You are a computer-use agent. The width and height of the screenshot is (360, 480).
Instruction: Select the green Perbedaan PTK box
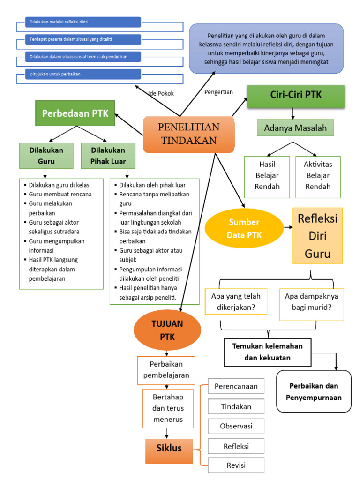tap(75, 113)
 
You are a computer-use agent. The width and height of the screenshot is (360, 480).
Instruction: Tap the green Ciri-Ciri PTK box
tap(296, 96)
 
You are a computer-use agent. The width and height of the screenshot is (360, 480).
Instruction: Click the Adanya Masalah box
tap(295, 128)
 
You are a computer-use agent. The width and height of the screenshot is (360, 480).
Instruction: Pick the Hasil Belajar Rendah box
tap(267, 175)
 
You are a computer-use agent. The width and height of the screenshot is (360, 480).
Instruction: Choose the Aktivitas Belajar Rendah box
tap(318, 175)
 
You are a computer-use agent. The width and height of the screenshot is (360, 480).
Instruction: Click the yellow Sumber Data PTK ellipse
tap(244, 228)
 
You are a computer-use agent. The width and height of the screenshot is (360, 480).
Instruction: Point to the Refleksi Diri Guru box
tap(317, 236)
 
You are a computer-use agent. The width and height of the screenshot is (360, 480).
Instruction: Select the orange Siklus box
tap(169, 448)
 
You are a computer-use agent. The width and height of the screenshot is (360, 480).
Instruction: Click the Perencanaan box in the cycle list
tap(236, 387)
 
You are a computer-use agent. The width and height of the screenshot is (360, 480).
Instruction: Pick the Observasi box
tap(236, 426)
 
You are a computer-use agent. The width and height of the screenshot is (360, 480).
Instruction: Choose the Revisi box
tap(236, 465)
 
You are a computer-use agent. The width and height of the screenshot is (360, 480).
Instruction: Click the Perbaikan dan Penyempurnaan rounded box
tap(314, 391)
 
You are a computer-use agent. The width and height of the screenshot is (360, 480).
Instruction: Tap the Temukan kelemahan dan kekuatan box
tap(267, 352)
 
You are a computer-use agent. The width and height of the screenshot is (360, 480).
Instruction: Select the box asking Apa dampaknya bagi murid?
tap(311, 302)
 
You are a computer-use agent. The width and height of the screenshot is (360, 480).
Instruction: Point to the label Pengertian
tap(218, 92)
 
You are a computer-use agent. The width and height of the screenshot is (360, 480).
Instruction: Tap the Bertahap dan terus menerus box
tap(168, 408)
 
